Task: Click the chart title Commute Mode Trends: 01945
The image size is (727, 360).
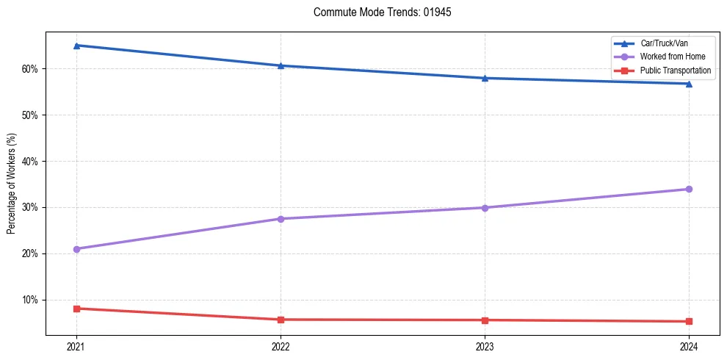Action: tap(377, 12)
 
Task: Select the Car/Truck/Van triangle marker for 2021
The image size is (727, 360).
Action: tap(76, 46)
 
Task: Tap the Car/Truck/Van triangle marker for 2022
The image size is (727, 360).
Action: tap(281, 65)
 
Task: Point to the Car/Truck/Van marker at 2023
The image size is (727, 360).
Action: tap(485, 78)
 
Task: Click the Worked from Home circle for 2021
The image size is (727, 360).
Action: tap(76, 249)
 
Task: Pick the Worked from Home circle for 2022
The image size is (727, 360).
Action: tap(281, 219)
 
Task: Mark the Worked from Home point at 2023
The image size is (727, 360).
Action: tap(485, 208)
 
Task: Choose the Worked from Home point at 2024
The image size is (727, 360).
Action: tap(689, 190)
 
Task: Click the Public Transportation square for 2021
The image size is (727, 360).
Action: tap(76, 309)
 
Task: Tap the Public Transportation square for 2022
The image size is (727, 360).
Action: tap(281, 320)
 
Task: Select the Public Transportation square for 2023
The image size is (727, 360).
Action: tap(485, 320)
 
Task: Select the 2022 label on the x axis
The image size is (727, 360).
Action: tap(281, 346)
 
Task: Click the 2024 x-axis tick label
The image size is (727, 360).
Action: tap(689, 346)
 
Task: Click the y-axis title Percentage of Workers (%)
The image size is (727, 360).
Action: tap(11, 184)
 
